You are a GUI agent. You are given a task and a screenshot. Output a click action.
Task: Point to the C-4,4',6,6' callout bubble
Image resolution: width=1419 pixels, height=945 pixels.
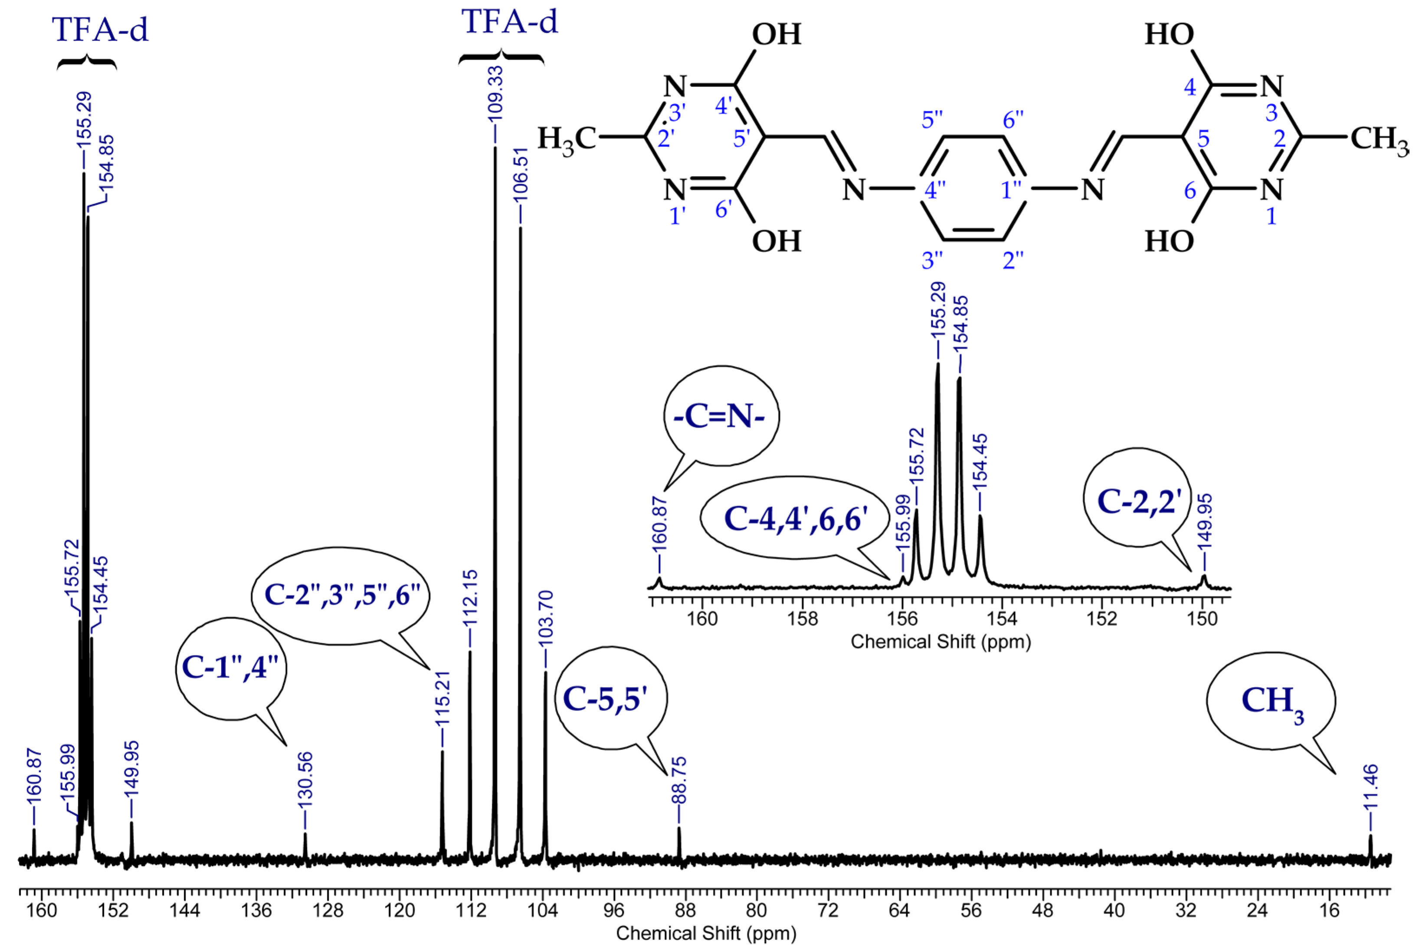[x=795, y=517]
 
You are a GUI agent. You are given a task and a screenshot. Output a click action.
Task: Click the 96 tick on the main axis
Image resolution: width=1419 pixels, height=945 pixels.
[x=614, y=909]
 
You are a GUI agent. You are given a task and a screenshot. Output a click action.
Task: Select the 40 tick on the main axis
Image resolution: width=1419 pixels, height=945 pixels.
[x=1115, y=909]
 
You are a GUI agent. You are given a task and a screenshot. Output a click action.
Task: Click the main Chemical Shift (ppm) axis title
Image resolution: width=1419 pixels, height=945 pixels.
[x=705, y=933]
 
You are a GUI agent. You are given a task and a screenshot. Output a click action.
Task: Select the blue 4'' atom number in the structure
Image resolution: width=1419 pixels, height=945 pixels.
[x=935, y=191]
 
